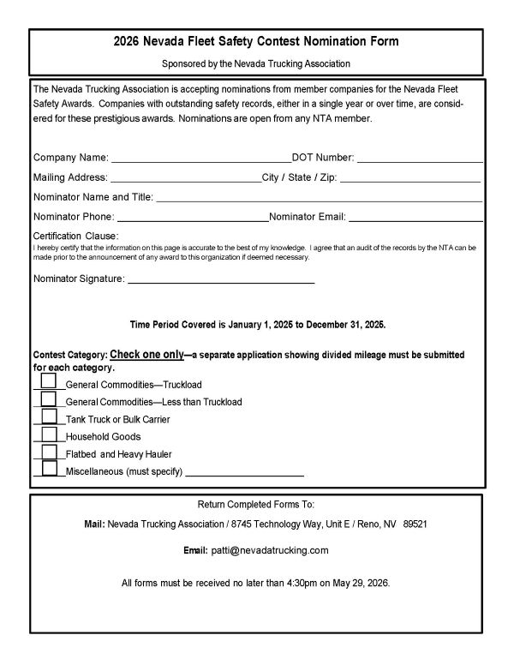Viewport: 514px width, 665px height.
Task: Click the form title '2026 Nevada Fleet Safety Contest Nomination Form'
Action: point(256,41)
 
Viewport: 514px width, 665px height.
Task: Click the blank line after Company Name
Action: point(200,158)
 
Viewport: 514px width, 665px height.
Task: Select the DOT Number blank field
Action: point(420,158)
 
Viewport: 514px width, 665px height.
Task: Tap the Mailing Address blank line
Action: point(185,178)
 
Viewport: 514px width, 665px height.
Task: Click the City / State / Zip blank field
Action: point(410,178)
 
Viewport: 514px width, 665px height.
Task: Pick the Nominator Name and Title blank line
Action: point(319,198)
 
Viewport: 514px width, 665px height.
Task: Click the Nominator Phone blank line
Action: point(192,218)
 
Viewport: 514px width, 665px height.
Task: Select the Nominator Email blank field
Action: point(415,218)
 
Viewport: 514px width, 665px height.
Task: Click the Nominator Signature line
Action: point(221,279)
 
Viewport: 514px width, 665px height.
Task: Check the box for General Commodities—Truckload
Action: point(49,381)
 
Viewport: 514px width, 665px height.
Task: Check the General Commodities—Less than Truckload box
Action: point(49,398)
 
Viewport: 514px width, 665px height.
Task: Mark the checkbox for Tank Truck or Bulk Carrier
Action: point(49,416)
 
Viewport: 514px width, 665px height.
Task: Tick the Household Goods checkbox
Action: point(49,434)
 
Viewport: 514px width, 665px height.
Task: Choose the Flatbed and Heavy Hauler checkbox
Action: point(49,451)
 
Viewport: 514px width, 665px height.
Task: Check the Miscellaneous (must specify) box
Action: point(49,469)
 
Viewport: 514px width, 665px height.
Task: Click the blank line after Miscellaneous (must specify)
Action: point(245,472)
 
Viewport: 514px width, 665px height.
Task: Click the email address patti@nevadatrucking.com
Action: point(270,550)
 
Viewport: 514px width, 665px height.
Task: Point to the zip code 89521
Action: point(415,523)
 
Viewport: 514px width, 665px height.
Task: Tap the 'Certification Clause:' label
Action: point(75,236)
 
